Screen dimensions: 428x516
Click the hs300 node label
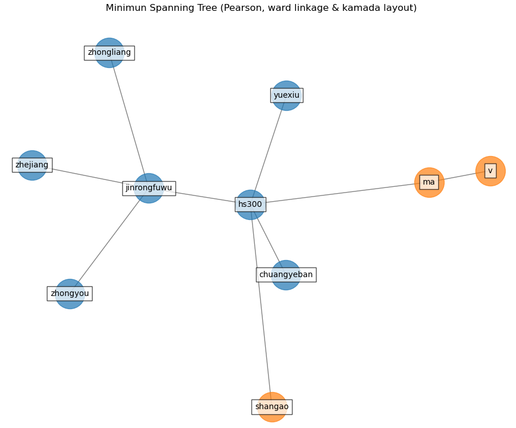pos(250,205)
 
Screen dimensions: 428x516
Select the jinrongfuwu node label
pos(149,188)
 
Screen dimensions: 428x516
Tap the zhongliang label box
pos(109,53)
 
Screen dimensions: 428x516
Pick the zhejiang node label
pos(32,165)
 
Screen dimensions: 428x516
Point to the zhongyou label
pos(70,294)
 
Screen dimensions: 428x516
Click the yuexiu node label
pos(286,95)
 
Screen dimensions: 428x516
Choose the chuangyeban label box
pos(286,275)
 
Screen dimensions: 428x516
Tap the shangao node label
pos(271,407)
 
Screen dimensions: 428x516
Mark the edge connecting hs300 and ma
pos(343,193)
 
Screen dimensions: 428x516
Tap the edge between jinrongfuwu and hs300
pos(205,197)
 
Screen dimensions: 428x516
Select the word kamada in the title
pos(371,8)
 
